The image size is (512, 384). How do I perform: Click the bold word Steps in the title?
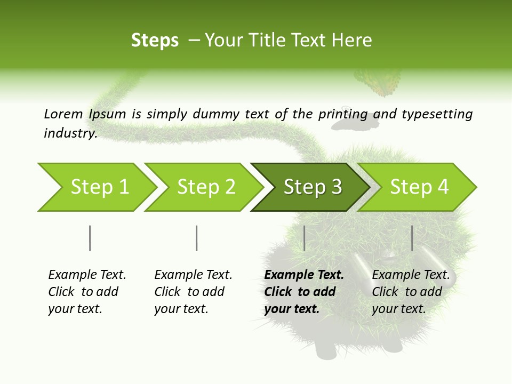click(155, 41)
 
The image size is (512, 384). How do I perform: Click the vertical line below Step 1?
click(90, 238)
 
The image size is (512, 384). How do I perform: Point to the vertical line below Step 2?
click(197, 238)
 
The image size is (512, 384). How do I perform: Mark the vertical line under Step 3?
click(304, 238)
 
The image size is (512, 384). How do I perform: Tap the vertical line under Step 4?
click(412, 238)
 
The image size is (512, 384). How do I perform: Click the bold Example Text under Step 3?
click(304, 275)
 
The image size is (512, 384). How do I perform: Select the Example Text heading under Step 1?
click(87, 275)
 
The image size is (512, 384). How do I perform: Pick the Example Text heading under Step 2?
click(193, 275)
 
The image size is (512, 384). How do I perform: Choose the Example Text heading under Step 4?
click(411, 275)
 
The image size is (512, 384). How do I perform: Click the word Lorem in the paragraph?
click(63, 114)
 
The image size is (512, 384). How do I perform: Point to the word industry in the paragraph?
click(70, 133)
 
